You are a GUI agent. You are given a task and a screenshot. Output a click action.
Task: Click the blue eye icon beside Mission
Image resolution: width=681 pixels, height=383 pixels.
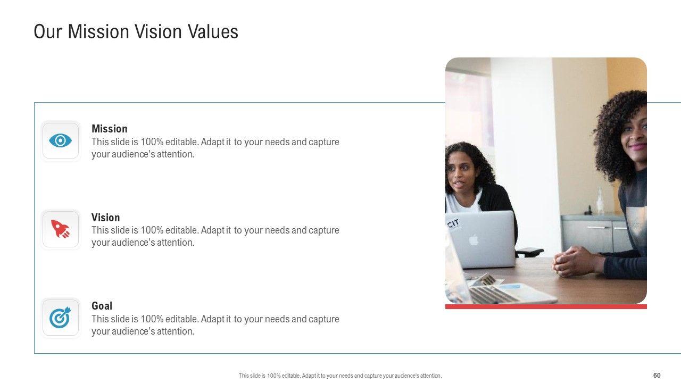[60, 140]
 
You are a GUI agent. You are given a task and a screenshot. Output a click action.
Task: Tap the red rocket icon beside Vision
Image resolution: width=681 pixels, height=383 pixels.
[60, 229]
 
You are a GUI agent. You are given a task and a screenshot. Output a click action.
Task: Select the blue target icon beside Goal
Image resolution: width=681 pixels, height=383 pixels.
[60, 318]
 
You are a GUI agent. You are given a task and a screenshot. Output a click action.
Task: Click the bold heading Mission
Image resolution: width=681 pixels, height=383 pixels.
[110, 129]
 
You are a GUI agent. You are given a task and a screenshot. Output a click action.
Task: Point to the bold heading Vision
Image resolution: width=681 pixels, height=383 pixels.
[105, 218]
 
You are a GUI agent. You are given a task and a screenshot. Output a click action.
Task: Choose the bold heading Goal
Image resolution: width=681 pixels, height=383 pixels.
[102, 306]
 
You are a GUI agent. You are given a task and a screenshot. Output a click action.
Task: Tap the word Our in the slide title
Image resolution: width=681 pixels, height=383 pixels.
[48, 31]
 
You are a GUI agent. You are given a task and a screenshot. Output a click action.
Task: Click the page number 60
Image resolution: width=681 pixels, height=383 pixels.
[657, 375]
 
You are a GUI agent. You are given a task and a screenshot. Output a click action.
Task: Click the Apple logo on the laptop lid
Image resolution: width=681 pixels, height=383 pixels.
[474, 240]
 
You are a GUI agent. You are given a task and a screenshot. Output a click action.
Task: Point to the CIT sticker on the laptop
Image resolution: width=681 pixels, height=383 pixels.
[454, 224]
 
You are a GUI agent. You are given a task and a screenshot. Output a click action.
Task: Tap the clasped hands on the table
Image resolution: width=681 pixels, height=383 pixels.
[573, 261]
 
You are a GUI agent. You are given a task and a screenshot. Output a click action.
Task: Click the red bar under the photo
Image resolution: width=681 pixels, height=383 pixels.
[546, 307]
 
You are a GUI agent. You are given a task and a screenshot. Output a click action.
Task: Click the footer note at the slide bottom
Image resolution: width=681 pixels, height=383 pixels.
[340, 376]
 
